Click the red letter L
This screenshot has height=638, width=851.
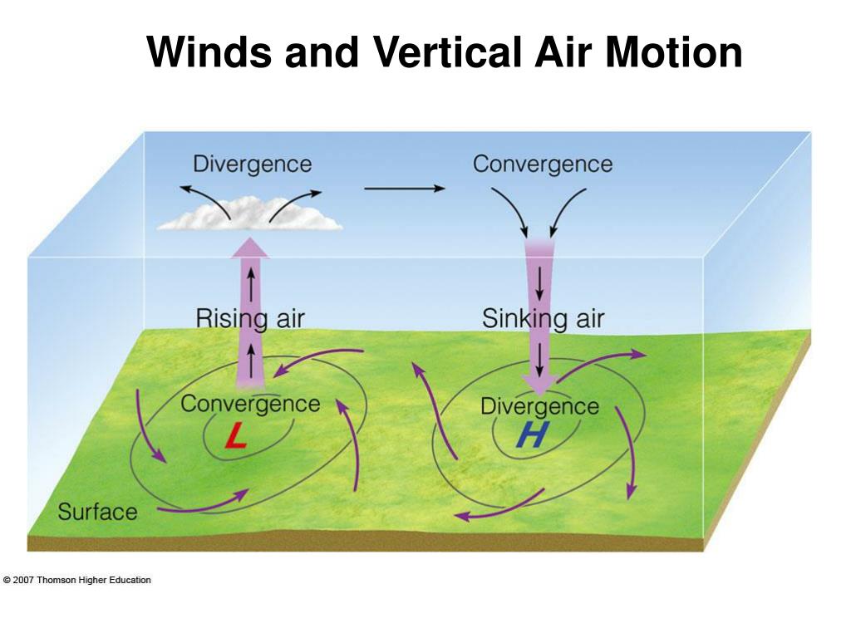236,438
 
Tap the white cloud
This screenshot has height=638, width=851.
249,214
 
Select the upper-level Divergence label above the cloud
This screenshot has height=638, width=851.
252,164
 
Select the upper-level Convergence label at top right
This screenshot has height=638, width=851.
542,164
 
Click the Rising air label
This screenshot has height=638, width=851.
250,318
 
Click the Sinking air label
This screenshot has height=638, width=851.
543,318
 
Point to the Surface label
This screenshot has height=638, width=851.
97,512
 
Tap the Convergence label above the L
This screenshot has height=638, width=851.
250,404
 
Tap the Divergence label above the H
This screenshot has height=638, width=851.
539,406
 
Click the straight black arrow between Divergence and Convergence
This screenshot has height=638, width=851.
404,189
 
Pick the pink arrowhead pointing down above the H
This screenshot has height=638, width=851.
539,383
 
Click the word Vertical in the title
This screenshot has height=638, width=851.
435,53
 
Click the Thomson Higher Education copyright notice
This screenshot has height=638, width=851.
77,580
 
